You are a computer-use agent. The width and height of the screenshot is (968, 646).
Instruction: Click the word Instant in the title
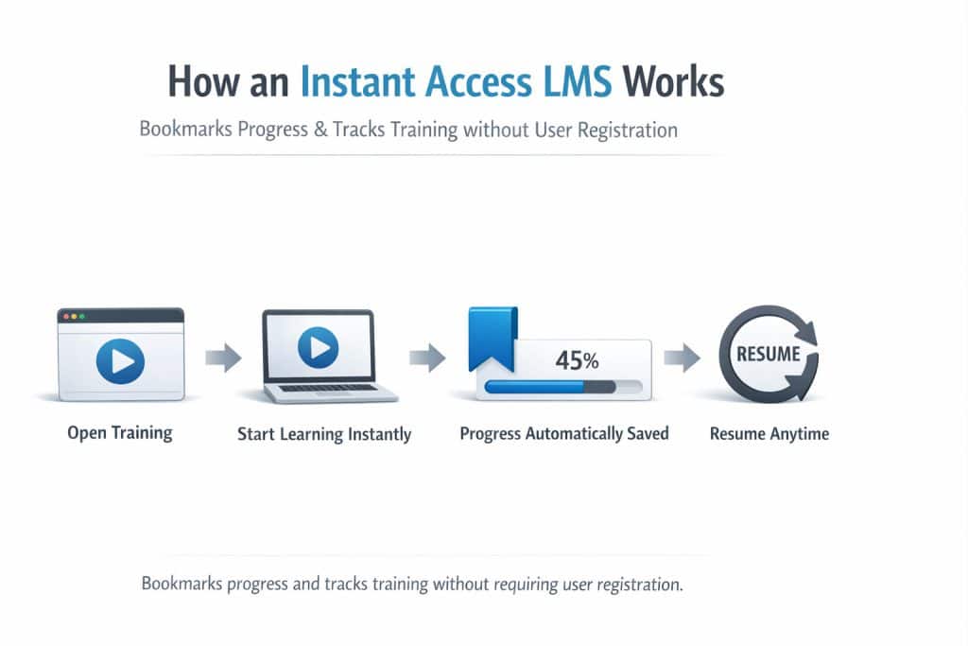coord(362,83)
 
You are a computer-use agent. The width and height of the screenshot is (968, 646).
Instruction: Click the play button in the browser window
coord(120,360)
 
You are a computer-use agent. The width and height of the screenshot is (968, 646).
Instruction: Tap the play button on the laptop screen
coord(318,348)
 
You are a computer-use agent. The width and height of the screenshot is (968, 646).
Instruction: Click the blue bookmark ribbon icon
coord(493,337)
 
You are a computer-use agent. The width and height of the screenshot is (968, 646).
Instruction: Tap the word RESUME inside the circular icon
coord(768,356)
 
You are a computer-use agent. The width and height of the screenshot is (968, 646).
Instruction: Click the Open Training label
coord(120,432)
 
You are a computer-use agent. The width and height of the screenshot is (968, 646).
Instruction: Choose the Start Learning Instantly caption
coord(324,434)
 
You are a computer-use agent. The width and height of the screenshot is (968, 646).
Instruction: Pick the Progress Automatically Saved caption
coord(564,433)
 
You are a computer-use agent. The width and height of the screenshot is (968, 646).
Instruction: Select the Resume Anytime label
coord(769,433)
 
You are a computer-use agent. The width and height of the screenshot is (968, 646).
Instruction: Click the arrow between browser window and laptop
coord(222,358)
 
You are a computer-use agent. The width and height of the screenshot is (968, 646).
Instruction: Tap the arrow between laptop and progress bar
coord(426,358)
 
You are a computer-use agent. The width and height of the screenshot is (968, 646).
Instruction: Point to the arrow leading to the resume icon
coord(681,358)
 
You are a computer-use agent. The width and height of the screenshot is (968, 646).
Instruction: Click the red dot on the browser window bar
coord(64,315)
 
